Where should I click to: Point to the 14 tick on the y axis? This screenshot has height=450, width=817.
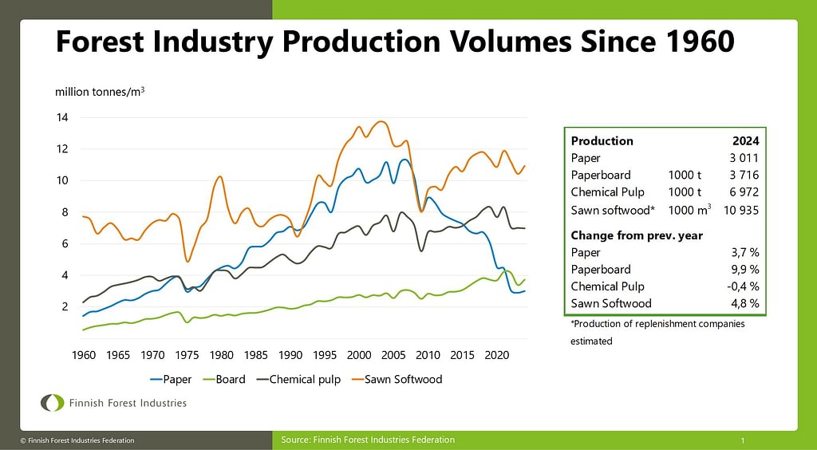pos(61,118)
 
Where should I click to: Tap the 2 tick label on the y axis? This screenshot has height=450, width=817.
pos(64,306)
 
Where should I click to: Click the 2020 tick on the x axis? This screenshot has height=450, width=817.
pos(498,354)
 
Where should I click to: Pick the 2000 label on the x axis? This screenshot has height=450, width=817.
pos(359,354)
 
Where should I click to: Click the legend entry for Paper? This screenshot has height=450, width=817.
pos(171,379)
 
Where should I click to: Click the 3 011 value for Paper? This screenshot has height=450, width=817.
pos(744,158)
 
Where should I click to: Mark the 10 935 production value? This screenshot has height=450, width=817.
pos(740,211)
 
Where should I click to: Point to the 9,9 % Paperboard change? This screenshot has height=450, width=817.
pos(744,270)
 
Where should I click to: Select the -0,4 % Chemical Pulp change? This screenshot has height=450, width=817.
pos(742,286)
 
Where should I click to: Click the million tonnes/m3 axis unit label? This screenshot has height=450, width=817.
pos(100,92)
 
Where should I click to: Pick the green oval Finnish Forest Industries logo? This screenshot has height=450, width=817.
pos(53,403)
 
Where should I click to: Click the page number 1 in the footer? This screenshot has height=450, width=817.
pos(743,440)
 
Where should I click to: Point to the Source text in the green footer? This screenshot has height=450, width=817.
pos(368,440)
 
